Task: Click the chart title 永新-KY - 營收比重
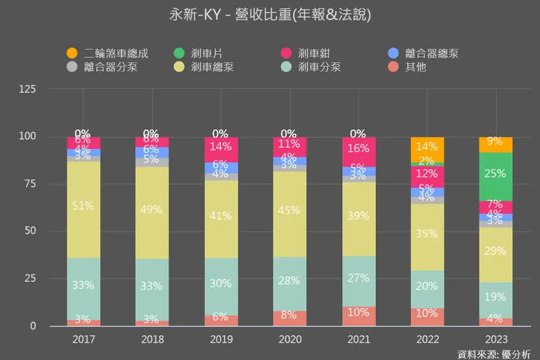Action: pyautogui.click(x=269, y=16)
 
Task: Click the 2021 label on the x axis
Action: pyautogui.click(x=358, y=340)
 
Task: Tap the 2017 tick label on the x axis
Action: pyautogui.click(x=84, y=340)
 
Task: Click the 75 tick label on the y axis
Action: pyautogui.click(x=29, y=184)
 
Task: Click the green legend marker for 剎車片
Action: pyautogui.click(x=178, y=53)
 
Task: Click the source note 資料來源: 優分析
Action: pyautogui.click(x=493, y=353)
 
